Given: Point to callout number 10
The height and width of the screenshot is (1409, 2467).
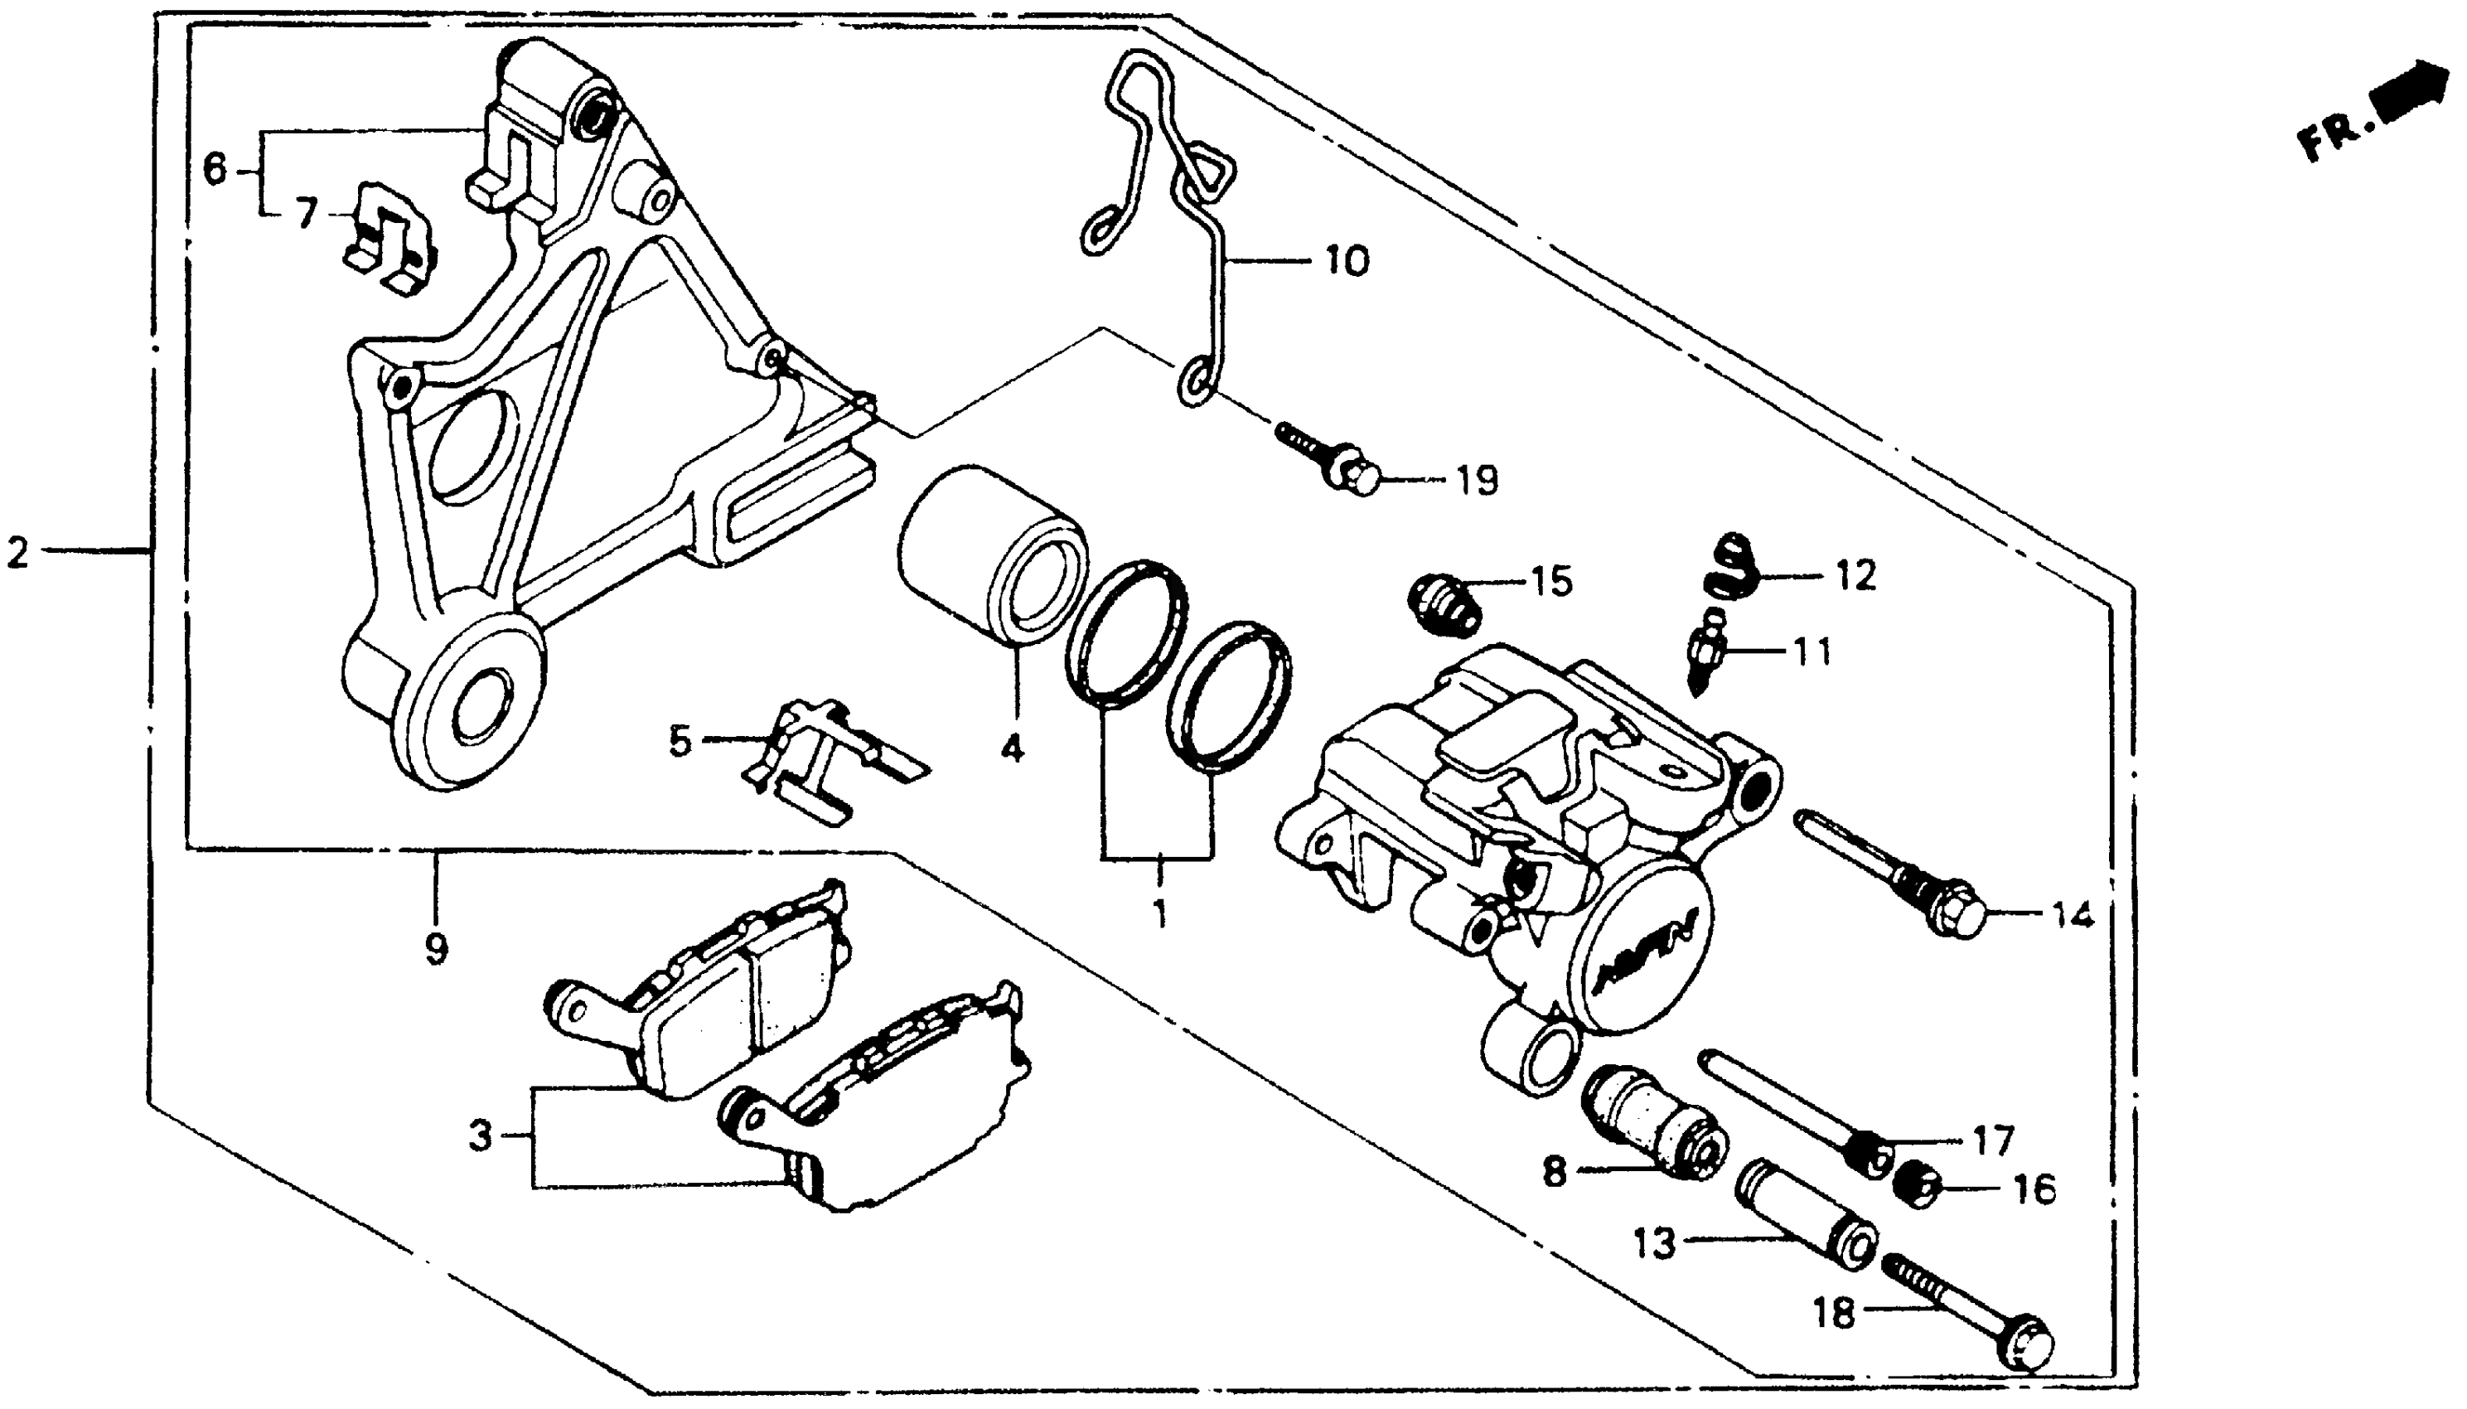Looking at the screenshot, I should coord(1347,261).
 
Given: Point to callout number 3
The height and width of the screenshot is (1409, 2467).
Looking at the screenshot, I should coord(481,1136).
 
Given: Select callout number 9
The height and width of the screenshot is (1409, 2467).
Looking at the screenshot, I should coord(437,949).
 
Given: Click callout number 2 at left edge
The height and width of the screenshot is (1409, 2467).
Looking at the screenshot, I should coord(18,554).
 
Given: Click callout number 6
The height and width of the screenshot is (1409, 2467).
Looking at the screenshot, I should coord(214,169).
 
